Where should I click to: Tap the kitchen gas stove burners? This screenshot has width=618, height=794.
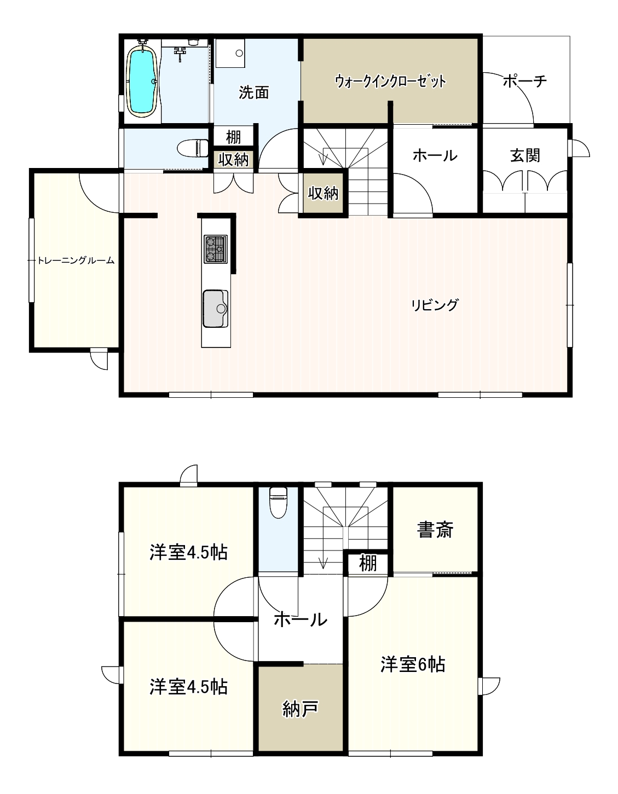click(216, 249)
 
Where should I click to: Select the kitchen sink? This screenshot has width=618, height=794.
click(216, 309)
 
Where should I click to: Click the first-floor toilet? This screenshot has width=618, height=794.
click(193, 148)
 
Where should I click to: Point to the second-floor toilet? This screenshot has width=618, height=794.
click(278, 502)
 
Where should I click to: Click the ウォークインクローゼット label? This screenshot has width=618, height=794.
click(390, 81)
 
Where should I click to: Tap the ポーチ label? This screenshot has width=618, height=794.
click(525, 81)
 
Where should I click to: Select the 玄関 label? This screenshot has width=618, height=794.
click(525, 156)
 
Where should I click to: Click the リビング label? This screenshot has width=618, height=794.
click(435, 305)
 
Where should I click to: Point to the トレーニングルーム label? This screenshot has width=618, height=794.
click(76, 260)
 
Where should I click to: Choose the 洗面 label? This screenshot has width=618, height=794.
click(254, 92)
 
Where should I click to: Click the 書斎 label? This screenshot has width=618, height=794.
click(435, 530)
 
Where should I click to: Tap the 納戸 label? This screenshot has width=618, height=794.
click(301, 709)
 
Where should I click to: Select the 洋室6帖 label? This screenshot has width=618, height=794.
click(413, 664)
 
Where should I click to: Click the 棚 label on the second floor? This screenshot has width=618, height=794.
click(368, 563)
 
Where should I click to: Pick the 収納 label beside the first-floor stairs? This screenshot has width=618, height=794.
click(323, 193)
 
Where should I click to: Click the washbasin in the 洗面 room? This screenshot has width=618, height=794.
click(230, 53)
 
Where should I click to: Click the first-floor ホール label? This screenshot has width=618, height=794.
click(435, 156)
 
